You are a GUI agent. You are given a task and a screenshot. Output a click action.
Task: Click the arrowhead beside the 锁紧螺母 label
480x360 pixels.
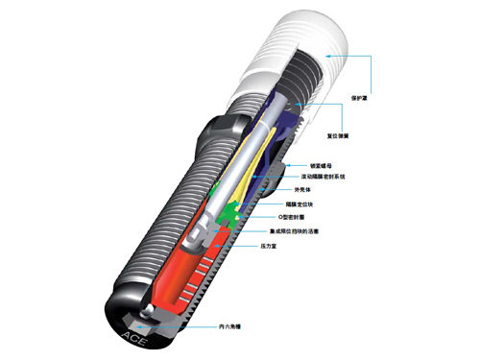(294, 166)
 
